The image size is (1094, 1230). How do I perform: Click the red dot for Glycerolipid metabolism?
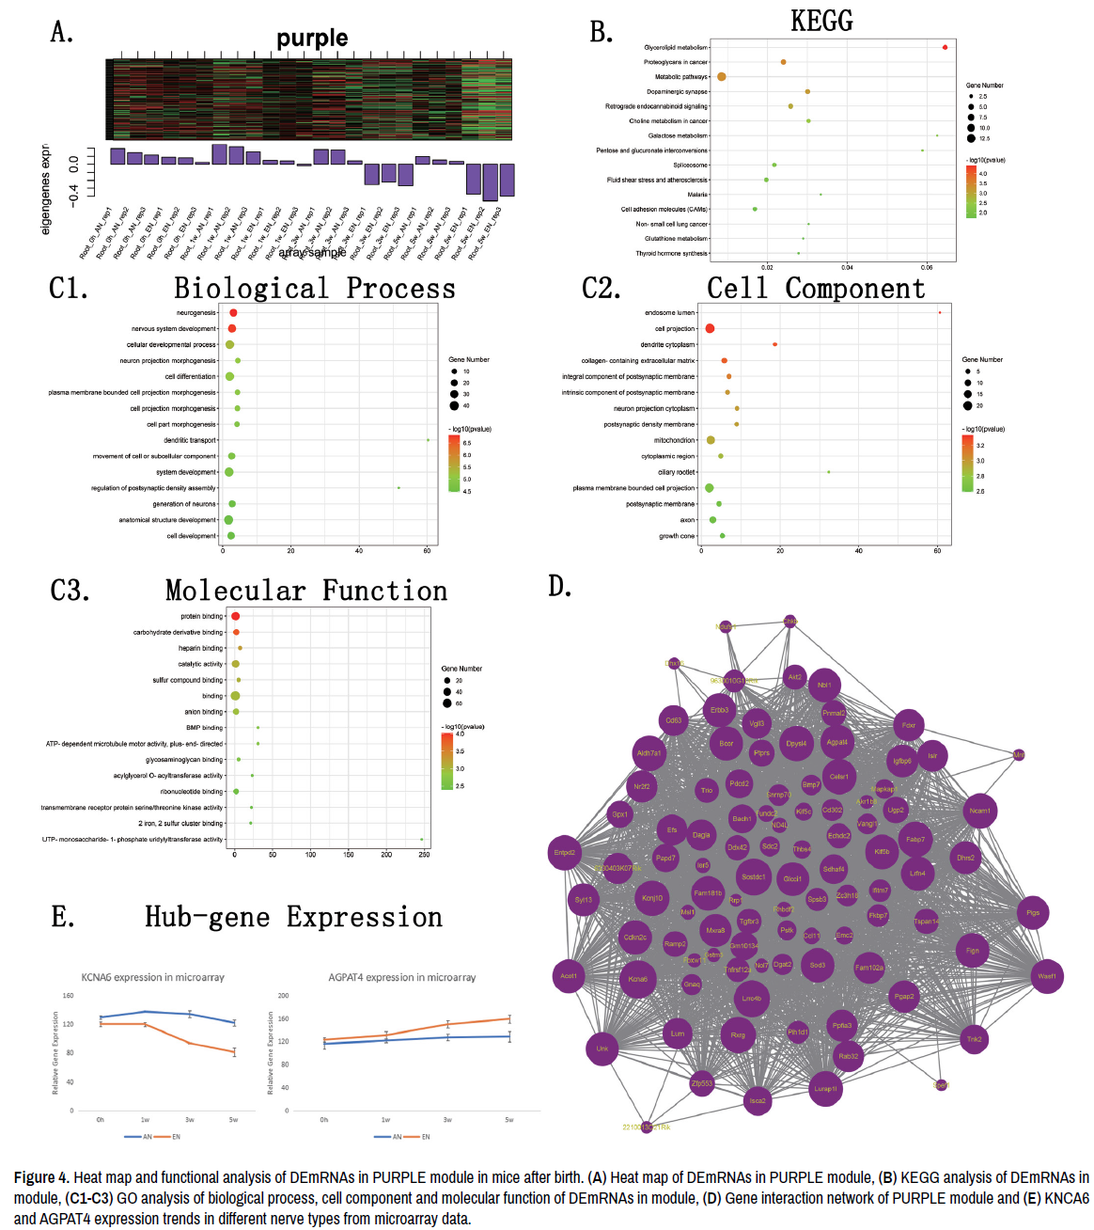tap(945, 47)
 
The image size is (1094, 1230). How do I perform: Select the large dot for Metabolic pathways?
tap(722, 76)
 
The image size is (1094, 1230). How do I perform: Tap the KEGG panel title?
tap(821, 21)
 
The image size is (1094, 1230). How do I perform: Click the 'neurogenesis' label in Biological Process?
tap(196, 313)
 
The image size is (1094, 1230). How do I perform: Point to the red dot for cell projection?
tap(710, 328)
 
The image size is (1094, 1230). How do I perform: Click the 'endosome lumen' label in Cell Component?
tap(670, 313)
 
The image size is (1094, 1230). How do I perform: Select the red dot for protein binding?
tap(235, 616)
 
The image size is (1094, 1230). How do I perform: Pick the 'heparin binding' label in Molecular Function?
tap(201, 648)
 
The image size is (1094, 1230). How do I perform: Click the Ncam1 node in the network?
tap(979, 811)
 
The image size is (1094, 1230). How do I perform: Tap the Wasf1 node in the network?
tap(1047, 976)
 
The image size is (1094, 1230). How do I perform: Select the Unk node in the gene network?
tap(602, 1049)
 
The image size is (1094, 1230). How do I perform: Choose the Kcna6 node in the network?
tap(638, 979)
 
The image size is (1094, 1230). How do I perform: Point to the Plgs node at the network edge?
tap(1033, 912)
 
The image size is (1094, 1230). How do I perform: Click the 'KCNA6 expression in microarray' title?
tap(153, 977)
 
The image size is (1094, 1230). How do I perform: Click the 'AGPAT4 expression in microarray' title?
tap(402, 977)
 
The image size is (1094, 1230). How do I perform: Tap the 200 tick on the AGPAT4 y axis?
tap(284, 995)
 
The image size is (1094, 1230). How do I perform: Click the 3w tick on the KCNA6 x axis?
tap(190, 1120)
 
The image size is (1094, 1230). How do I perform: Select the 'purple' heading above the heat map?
tap(312, 38)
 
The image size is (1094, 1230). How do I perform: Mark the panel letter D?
tap(559, 586)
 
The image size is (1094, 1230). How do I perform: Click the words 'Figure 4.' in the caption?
tap(41, 1177)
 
